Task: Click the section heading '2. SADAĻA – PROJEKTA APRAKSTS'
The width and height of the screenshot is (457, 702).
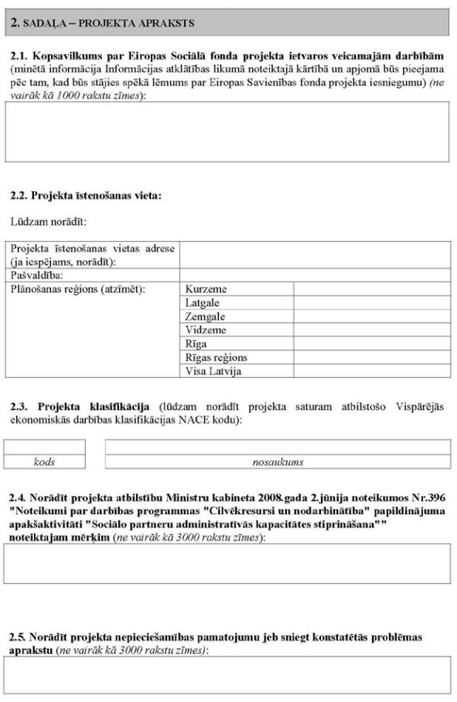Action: click(104, 23)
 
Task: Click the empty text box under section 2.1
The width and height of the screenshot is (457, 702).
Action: click(227, 132)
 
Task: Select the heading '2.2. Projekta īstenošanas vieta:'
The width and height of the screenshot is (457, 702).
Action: click(86, 197)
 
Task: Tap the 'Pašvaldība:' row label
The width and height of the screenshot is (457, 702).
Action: click(37, 275)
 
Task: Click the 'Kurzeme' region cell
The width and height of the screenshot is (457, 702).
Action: click(206, 289)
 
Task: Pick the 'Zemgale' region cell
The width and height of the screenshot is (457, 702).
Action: click(206, 316)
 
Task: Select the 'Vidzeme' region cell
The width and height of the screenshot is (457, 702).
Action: click(206, 330)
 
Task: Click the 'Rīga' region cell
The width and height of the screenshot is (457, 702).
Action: click(196, 344)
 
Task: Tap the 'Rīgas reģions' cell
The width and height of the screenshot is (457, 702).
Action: click(216, 358)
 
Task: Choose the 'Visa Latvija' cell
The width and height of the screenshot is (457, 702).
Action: click(213, 371)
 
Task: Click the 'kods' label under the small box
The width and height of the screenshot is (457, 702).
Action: click(44, 462)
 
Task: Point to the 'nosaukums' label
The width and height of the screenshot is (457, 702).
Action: click(277, 462)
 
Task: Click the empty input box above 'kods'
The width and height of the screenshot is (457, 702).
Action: click(44, 447)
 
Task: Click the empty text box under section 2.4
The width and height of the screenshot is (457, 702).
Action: click(227, 564)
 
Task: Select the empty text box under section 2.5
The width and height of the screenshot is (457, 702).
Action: click(227, 675)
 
